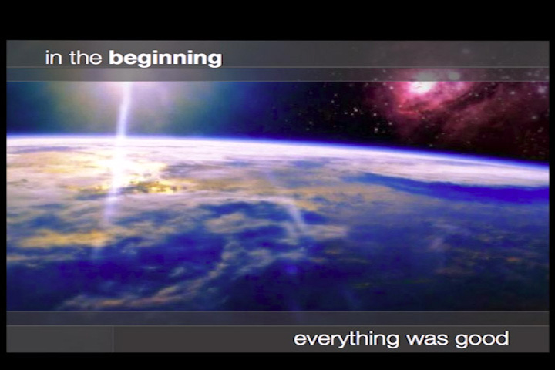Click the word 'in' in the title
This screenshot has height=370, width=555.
tap(52, 58)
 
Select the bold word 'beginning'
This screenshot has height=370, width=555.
tap(165, 59)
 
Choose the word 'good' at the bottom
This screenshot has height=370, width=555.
tap(486, 339)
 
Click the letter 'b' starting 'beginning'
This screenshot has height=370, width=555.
tap(114, 58)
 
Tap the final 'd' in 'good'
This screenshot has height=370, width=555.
tap(503, 338)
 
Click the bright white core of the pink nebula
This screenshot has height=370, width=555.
tap(422, 87)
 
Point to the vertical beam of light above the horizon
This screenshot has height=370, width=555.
tap(123, 108)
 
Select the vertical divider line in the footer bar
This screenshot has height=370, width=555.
tap(113, 338)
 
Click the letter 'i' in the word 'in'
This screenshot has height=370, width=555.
tap(47, 58)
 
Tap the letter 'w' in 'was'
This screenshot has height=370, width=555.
tap(418, 340)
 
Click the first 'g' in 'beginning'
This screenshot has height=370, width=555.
tap(141, 60)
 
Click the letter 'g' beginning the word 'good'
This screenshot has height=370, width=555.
tap(470, 341)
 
